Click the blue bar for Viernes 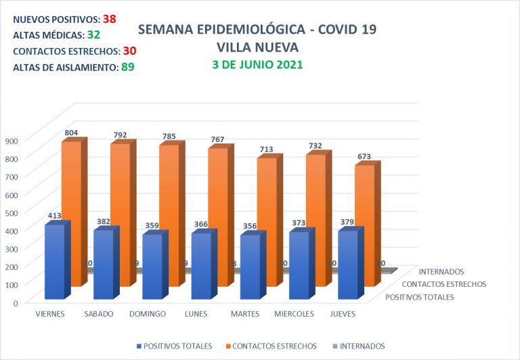coord(54,262)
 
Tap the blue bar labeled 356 coord(250,267)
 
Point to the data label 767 coord(218,140)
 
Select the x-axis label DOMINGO coord(147,314)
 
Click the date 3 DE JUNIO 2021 coord(257,65)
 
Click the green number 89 coord(128,67)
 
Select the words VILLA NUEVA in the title coord(257,47)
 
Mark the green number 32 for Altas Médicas coord(93,35)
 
